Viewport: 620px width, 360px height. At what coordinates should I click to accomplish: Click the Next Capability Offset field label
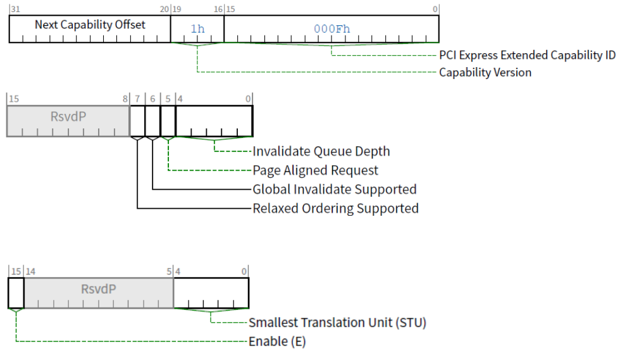[90, 25]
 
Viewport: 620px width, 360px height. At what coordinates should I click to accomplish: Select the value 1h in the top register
[197, 29]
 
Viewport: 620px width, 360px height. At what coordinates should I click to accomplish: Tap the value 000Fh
[332, 29]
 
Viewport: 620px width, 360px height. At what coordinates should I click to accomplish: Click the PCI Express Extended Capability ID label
[527, 56]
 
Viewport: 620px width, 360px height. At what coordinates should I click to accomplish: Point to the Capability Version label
[485, 72]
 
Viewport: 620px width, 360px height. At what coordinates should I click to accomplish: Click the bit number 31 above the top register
[15, 9]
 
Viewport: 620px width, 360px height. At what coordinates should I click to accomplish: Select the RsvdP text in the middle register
[68, 116]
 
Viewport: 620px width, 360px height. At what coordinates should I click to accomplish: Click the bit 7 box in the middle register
[137, 121]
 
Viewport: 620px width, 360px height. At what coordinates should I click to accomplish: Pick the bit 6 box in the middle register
[152, 121]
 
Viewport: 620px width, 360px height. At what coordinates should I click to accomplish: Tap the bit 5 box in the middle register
[168, 121]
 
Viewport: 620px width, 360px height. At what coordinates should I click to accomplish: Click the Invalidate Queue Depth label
[321, 151]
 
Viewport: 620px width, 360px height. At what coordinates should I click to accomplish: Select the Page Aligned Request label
[315, 170]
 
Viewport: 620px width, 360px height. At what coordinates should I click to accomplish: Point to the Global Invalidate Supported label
[335, 190]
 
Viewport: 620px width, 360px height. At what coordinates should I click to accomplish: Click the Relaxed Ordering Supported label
[335, 209]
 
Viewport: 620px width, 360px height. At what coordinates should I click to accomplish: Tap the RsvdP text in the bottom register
[99, 289]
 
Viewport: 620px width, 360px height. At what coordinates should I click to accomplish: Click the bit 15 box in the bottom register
[16, 293]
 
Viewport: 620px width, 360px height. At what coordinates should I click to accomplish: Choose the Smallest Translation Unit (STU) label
[337, 323]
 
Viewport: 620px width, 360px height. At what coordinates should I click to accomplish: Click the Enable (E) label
[277, 342]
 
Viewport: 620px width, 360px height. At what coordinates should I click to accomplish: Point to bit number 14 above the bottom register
[30, 272]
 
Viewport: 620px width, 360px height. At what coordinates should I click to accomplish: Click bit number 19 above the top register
[177, 9]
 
